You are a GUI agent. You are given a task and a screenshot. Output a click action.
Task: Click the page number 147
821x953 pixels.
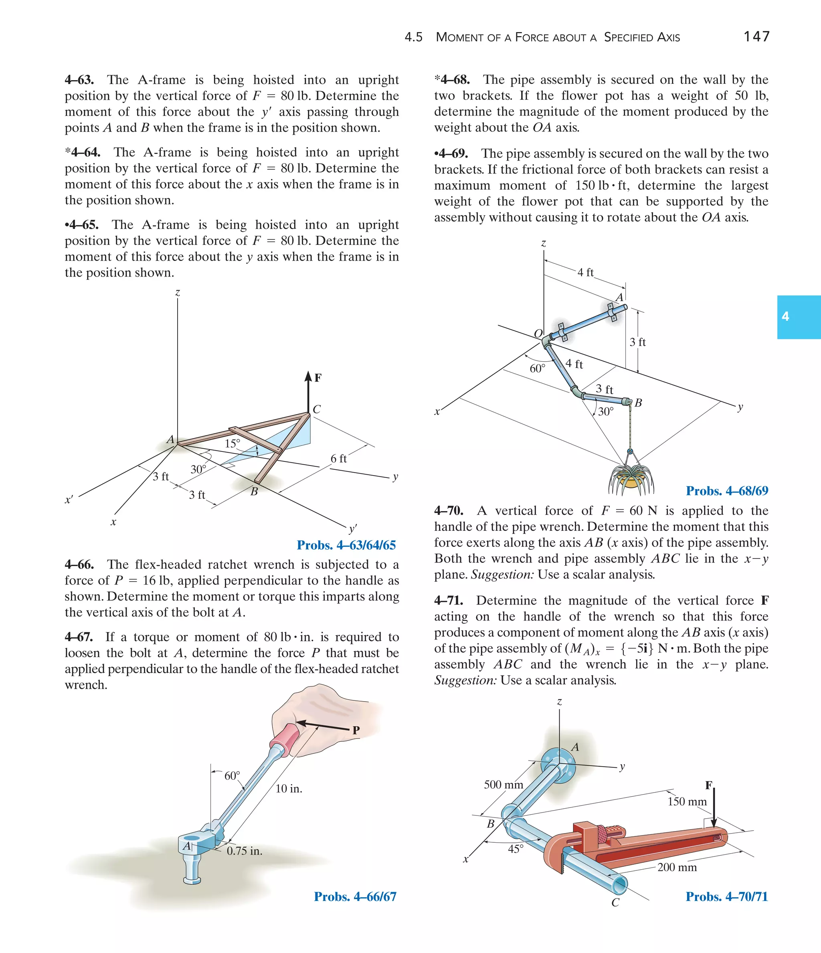pyautogui.click(x=756, y=36)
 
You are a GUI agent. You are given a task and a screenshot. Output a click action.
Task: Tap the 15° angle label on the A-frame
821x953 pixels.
pyautogui.click(x=232, y=443)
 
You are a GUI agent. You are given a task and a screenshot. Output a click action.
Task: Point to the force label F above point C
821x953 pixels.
pyautogui.click(x=318, y=378)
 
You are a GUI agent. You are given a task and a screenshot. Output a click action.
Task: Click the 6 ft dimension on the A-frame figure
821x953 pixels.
pyautogui.click(x=338, y=459)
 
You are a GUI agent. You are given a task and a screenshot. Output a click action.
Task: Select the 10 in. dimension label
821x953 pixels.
pyautogui.click(x=289, y=788)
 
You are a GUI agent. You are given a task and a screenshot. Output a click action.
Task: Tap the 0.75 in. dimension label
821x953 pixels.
pyautogui.click(x=244, y=851)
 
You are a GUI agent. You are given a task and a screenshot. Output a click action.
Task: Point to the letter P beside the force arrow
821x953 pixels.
pyautogui.click(x=356, y=730)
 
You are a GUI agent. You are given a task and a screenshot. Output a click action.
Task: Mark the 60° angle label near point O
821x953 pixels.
pyautogui.click(x=537, y=368)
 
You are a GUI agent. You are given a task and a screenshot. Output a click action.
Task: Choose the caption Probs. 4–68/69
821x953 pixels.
pyautogui.click(x=727, y=491)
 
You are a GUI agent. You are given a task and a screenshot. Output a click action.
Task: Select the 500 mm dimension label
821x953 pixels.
pyautogui.click(x=503, y=784)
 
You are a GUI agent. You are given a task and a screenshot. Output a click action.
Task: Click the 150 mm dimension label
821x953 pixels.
pyautogui.click(x=687, y=801)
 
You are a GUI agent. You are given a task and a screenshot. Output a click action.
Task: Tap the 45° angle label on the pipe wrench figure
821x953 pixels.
pyautogui.click(x=516, y=849)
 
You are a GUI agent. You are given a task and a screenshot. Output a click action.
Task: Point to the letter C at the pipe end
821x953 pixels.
pyautogui.click(x=615, y=902)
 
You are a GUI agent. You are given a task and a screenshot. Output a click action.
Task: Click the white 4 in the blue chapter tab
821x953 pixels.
pyautogui.click(x=786, y=316)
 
